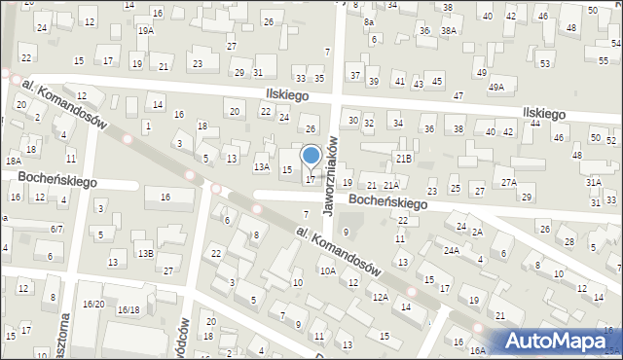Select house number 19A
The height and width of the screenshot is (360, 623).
(x=145, y=31)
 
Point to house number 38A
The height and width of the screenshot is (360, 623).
(x=449, y=31)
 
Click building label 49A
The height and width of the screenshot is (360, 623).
(x=496, y=88)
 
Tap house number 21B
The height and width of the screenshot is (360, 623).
(x=403, y=158)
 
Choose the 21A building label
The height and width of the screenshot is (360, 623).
(x=390, y=185)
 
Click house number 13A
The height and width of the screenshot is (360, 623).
(x=261, y=167)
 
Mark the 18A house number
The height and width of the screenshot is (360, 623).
(x=13, y=162)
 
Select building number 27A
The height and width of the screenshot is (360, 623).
(x=508, y=182)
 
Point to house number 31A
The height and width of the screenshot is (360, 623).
(x=594, y=182)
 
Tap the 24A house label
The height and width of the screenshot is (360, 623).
(x=452, y=250)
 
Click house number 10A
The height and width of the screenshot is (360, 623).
(x=328, y=271)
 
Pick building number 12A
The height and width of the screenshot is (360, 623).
(x=380, y=297)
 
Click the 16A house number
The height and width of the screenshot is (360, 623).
(x=477, y=350)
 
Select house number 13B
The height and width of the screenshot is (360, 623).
(x=145, y=253)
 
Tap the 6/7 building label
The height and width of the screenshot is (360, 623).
(x=57, y=229)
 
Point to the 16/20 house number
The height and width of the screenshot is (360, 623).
(x=93, y=305)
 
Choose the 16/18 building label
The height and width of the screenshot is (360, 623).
(x=128, y=309)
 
